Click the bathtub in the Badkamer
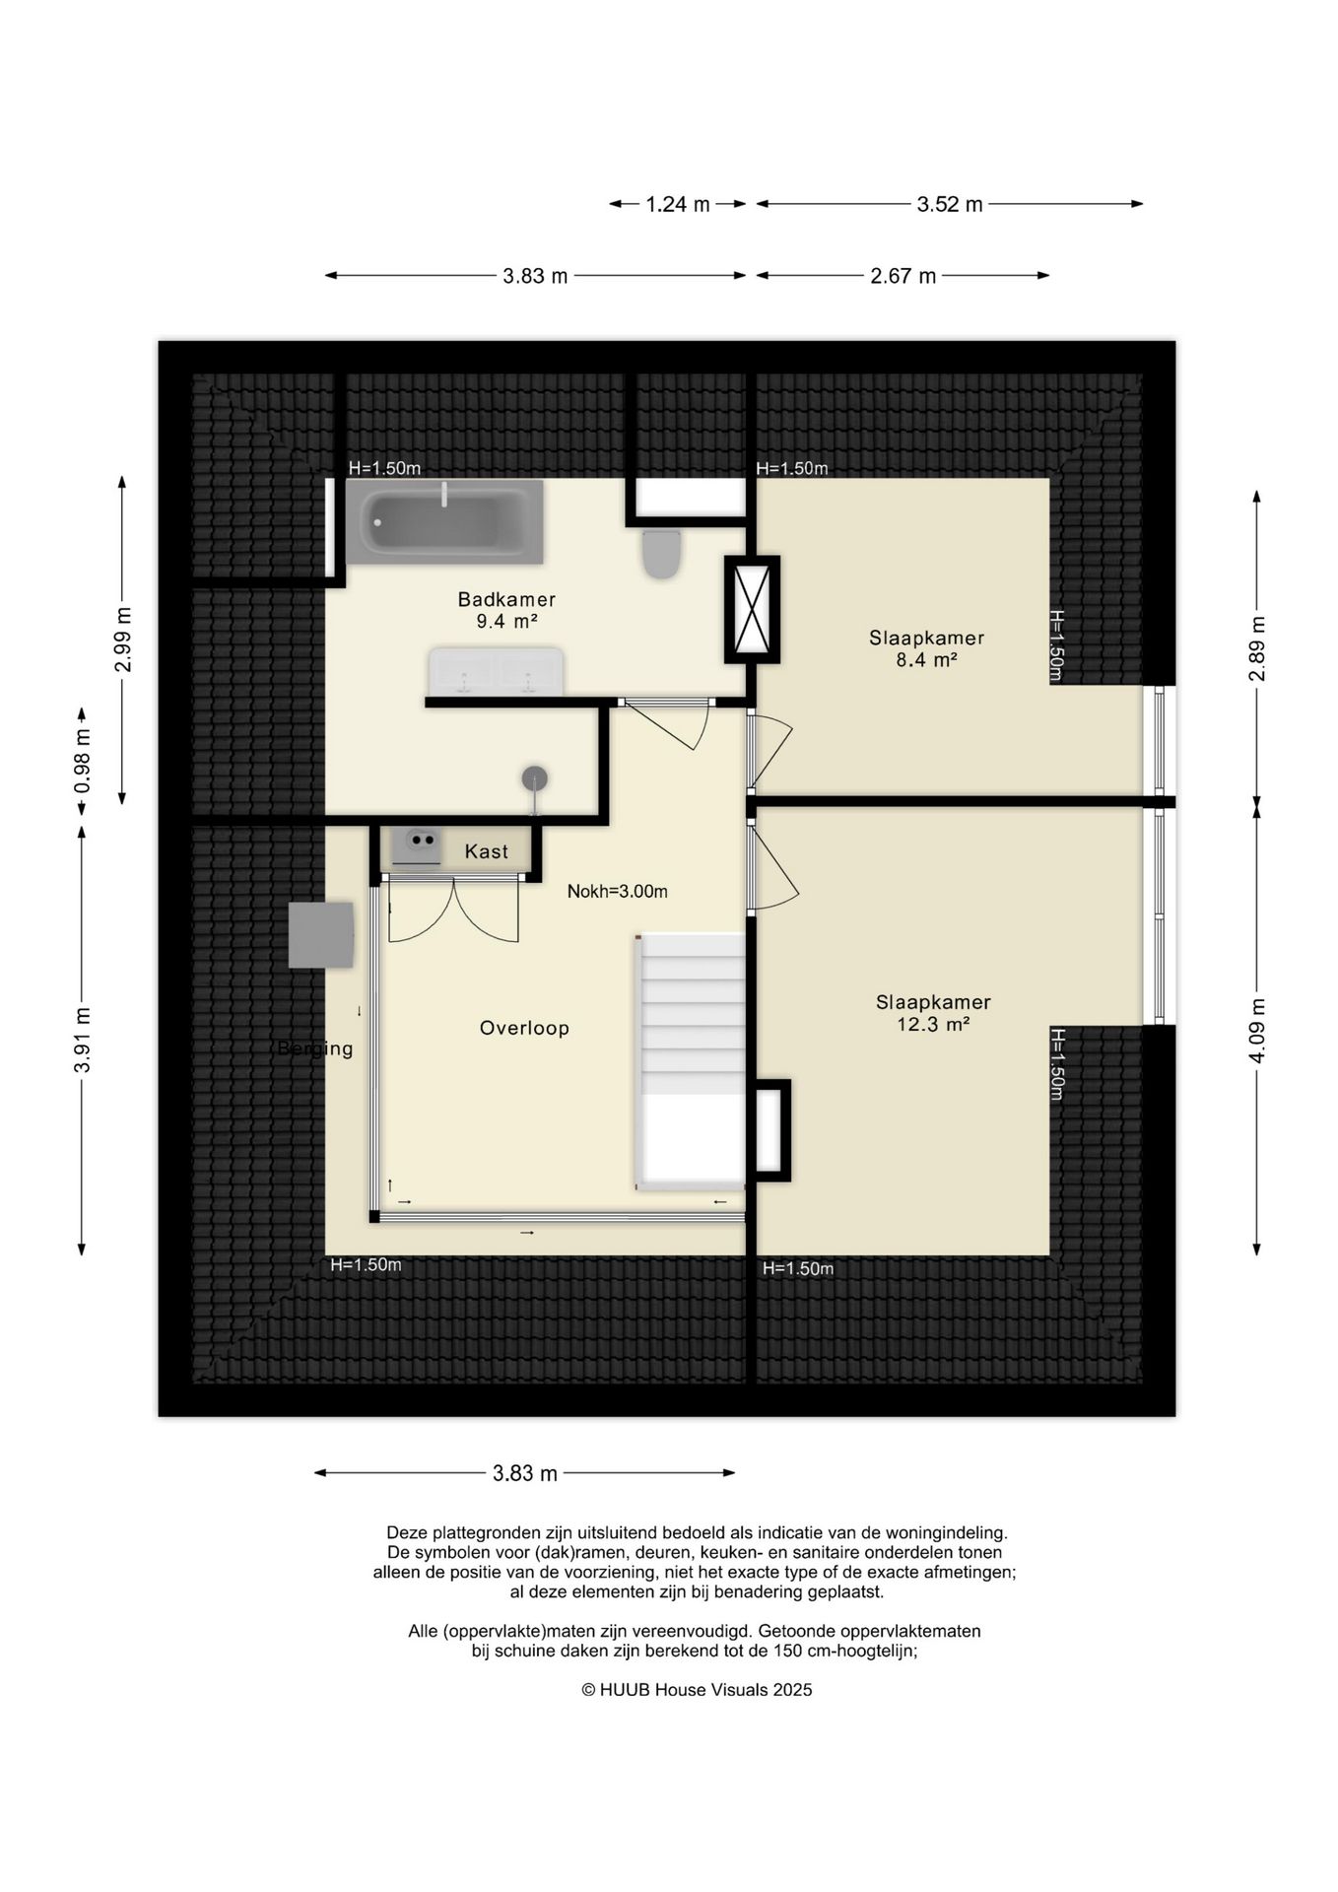(444, 522)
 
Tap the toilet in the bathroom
(661, 554)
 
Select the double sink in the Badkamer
(496, 671)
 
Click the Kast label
(487, 851)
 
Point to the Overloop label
(524, 1028)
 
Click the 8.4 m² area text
(926, 660)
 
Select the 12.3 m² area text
(933, 1025)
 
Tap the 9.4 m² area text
(506, 621)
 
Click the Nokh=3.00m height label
(618, 892)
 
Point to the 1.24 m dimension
(678, 205)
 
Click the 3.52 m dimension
(950, 205)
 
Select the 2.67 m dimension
(903, 276)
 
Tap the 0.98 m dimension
(83, 761)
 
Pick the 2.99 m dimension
(123, 640)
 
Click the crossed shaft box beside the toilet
(753, 609)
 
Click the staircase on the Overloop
(692, 1060)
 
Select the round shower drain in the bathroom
(535, 778)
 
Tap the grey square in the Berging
(321, 935)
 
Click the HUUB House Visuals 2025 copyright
(697, 1690)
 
